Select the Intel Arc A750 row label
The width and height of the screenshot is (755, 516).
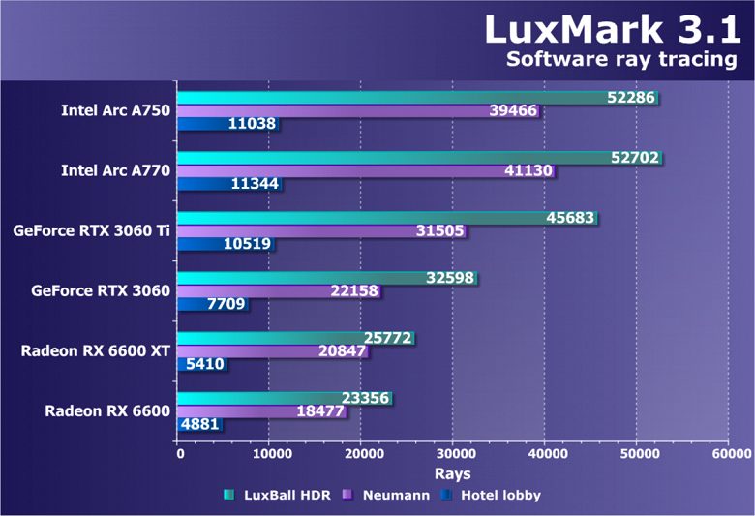pyautogui.click(x=115, y=110)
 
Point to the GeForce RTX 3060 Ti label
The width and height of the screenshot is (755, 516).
pyautogui.click(x=92, y=230)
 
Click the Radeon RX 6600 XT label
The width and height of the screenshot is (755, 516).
pyautogui.click(x=96, y=350)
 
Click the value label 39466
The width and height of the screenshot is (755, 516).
pyautogui.click(x=511, y=110)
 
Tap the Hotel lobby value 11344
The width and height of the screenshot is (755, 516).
pyautogui.click(x=254, y=184)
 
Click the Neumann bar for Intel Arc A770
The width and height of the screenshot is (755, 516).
pyautogui.click(x=339, y=170)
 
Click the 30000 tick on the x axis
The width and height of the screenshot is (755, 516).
pyautogui.click(x=453, y=453)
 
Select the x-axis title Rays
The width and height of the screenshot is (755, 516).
pyautogui.click(x=452, y=473)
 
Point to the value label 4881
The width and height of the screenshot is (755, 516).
pyautogui.click(x=200, y=424)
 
